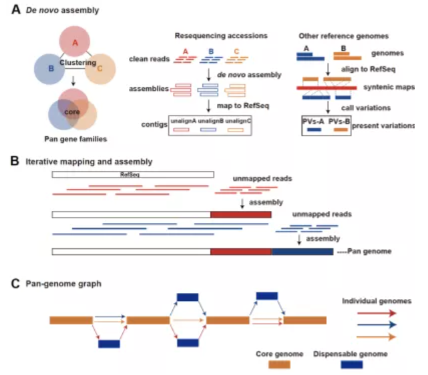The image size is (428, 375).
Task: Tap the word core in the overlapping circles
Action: tap(72, 113)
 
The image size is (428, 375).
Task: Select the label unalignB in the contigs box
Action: tap(210, 120)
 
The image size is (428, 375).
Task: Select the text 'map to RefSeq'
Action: tap(238, 105)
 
